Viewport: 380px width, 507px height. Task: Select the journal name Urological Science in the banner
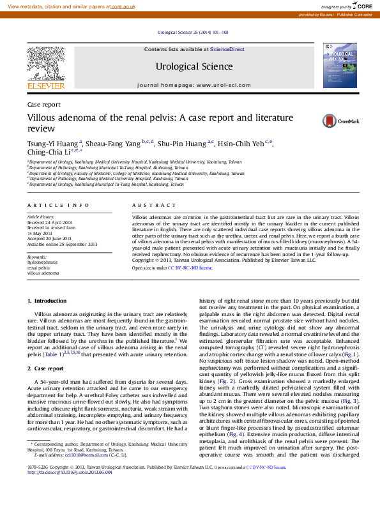click(x=194, y=66)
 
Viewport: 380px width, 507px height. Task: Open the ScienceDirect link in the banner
click(x=227, y=49)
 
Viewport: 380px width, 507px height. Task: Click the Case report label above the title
click(x=43, y=103)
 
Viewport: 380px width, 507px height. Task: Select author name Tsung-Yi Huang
click(x=53, y=144)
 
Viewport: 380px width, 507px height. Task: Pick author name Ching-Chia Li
click(x=49, y=153)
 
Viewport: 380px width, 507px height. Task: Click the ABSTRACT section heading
click(x=154, y=205)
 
